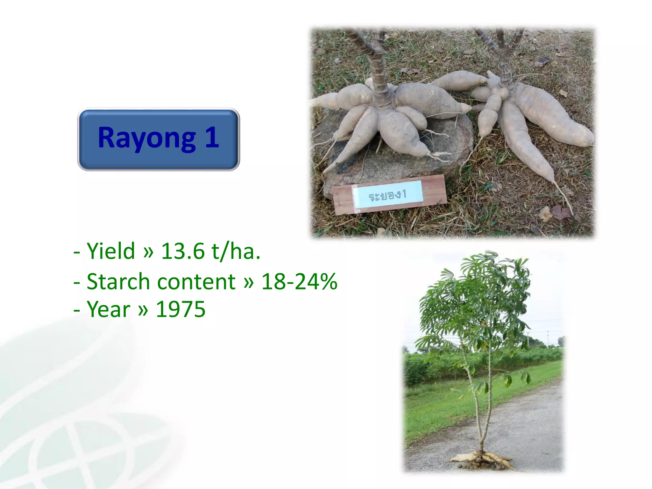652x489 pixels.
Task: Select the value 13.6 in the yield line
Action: tap(183, 251)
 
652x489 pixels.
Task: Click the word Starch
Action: tap(118, 282)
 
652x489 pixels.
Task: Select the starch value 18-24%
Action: tap(299, 282)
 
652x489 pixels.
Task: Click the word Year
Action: tap(109, 309)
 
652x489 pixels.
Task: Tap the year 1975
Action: tap(181, 309)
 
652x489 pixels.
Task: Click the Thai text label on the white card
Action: tap(388, 195)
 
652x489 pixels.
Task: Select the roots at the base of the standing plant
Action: tap(482, 458)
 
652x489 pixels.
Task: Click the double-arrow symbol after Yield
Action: tap(148, 251)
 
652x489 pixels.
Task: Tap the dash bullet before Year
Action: tap(76, 310)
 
